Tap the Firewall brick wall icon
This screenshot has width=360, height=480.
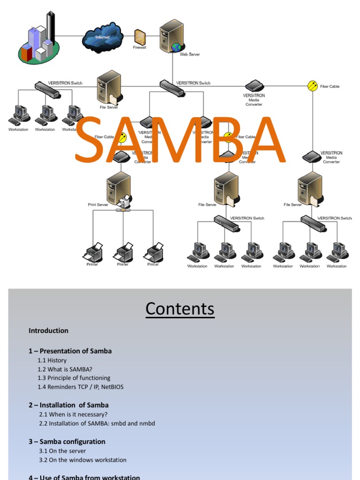tap(140, 37)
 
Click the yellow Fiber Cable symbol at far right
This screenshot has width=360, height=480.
tap(313, 86)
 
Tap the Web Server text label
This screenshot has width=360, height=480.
tap(190, 54)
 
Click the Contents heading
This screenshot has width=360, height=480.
tap(180, 309)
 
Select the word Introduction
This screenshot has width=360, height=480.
tap(48, 330)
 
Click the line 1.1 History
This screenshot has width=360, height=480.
tap(52, 360)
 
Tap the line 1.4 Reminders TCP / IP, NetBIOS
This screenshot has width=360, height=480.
tap(80, 387)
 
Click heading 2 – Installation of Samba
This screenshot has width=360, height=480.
tap(68, 405)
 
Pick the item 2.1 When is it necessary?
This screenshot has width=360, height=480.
tap(73, 414)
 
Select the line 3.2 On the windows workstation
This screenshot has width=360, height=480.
tap(82, 460)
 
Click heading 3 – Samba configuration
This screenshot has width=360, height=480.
tap(67, 442)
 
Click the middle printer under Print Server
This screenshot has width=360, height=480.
tap(123, 253)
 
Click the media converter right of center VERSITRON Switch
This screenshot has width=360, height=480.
tap(255, 86)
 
